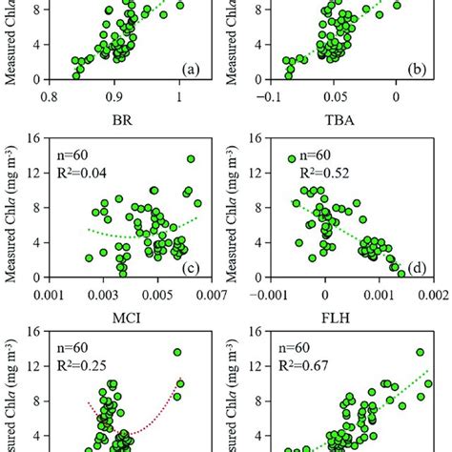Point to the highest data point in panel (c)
191,159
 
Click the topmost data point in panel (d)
292,159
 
